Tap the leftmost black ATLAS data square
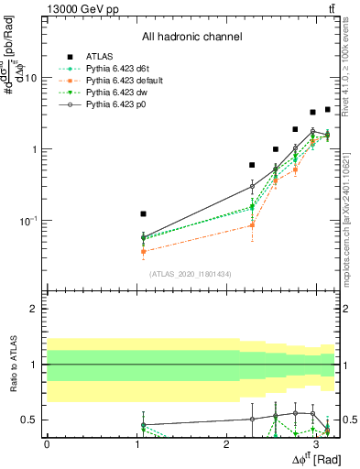(143, 213)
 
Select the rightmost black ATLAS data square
(327, 110)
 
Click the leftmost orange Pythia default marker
(143, 251)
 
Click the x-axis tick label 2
(226, 443)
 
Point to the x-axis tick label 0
(47, 443)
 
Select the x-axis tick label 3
(316, 443)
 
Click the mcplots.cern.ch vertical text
(348, 220)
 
